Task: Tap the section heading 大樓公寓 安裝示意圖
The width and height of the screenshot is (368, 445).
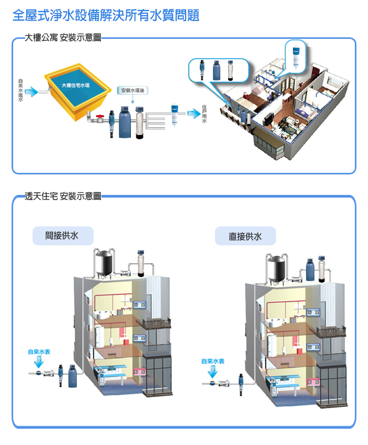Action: [63, 38]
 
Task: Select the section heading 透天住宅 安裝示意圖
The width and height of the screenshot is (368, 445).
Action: [63, 196]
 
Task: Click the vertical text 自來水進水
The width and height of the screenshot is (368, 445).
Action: [20, 90]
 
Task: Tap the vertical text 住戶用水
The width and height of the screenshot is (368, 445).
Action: [204, 112]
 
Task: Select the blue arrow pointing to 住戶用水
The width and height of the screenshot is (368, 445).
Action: [192, 109]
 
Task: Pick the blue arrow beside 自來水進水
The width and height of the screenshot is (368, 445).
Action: [32, 92]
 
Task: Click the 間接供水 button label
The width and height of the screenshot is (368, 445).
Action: [62, 235]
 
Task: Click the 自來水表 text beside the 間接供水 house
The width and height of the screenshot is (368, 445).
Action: [39, 351]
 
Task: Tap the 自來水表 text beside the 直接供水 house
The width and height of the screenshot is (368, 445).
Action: [213, 361]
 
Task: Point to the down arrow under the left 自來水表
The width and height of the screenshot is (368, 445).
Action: [38, 363]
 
